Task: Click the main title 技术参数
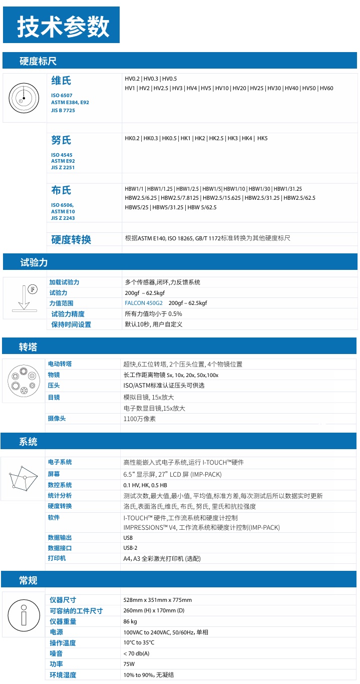63,26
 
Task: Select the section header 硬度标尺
38,61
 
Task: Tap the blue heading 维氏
61,81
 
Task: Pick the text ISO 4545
62,155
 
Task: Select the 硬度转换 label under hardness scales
71,239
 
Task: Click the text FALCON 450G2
144,303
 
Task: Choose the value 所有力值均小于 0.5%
153,314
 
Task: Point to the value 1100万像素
139,419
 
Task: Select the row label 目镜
54,397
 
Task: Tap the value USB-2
130,548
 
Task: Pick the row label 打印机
57,558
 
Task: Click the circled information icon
24,614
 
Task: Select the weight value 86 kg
131,621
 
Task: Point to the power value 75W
129,664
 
